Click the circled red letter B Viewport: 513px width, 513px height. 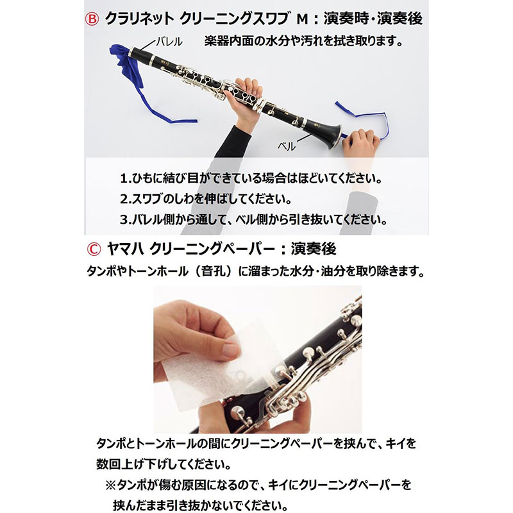[x=92, y=19]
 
